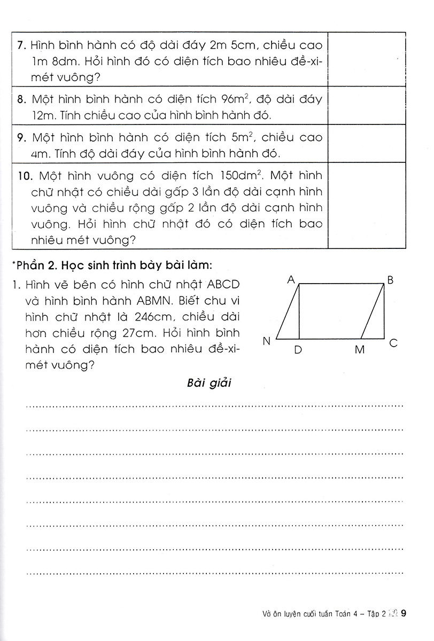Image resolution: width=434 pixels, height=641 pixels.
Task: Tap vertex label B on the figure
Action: coord(390,280)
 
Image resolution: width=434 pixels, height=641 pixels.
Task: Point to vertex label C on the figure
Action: coord(393,343)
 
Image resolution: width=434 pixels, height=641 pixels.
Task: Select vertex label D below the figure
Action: coord(298,350)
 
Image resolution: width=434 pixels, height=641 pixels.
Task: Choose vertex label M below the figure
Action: coord(359,350)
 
